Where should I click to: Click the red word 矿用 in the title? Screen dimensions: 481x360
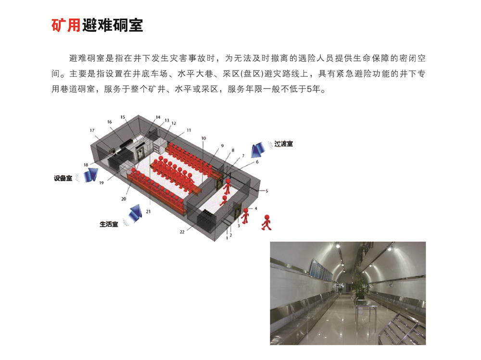coord(66,25)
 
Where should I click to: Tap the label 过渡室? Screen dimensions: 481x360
coord(283,144)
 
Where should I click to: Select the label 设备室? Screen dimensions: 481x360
coord(63,178)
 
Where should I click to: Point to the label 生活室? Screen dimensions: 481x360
coord(109,224)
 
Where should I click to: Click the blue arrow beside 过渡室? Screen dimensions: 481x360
coord(258,149)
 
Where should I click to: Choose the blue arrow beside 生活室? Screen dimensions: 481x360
coord(135,212)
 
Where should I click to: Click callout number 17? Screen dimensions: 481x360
coord(92,130)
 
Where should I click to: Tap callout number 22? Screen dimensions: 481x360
coord(182,232)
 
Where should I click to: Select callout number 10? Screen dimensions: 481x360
coord(203,138)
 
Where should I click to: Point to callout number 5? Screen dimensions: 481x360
coord(266,191)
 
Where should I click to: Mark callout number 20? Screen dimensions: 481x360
coord(124,199)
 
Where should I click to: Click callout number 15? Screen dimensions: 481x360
coord(123,117)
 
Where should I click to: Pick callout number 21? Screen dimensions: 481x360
coord(149,211)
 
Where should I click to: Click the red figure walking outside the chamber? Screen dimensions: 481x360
coord(266,223)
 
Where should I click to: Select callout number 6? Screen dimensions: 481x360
coord(257,162)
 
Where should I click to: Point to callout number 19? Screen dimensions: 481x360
coord(101,183)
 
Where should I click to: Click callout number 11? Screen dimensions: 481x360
coord(189,130)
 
